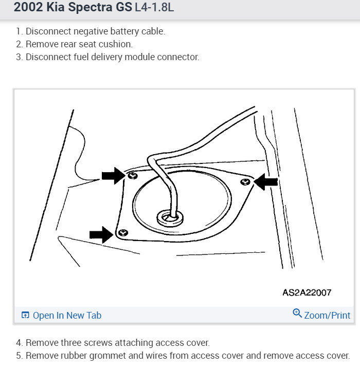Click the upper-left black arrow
[x=112, y=176]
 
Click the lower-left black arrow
[x=101, y=234]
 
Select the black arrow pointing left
[x=267, y=181]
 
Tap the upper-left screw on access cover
[x=132, y=176]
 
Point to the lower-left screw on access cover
[x=121, y=234]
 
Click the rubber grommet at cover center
[x=169, y=218]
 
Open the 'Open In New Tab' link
[x=67, y=315]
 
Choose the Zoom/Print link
[x=327, y=315]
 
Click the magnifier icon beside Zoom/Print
[x=297, y=313]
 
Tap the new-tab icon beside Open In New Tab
[x=25, y=316]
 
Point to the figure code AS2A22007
[x=307, y=292]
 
